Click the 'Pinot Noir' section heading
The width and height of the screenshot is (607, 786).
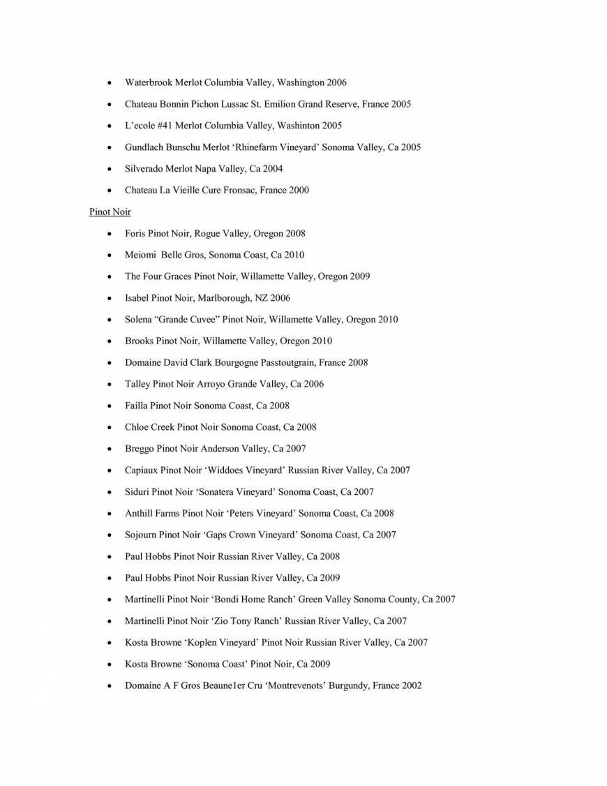110,212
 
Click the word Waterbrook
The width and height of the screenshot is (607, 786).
148,82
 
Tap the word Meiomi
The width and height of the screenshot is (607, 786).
140,255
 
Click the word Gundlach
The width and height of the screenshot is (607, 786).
144,147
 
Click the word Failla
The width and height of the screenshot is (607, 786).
136,406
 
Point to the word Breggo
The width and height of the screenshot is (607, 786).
139,448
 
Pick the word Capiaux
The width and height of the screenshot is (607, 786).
141,470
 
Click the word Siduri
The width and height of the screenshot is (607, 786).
137,491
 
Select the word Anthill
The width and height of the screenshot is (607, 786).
139,513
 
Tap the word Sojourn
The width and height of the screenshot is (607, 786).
140,535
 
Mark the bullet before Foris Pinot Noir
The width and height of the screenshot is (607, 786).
109,234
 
